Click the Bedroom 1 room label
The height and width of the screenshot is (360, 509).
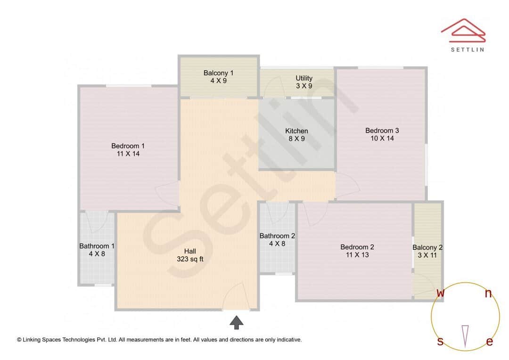point(128,146)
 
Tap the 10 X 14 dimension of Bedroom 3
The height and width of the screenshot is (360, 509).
point(382,139)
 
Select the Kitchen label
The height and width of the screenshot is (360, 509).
point(296,131)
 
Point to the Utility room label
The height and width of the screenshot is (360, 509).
point(304,78)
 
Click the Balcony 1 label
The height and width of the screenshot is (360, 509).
point(218,73)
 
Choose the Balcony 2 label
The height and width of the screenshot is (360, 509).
point(427,247)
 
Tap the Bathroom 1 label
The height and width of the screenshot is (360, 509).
point(97,246)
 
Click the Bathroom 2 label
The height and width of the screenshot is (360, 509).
point(277,236)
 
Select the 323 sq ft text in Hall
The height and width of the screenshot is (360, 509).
point(190,259)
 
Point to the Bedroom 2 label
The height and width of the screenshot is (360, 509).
point(357,247)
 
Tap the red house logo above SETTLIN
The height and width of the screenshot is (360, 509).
point(463,29)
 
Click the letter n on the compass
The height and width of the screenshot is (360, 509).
point(488,294)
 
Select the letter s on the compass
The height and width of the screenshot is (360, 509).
point(440,341)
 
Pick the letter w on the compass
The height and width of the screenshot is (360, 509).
point(440,293)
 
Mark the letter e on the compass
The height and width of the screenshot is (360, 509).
point(489,342)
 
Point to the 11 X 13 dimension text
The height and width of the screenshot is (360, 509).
point(357,255)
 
